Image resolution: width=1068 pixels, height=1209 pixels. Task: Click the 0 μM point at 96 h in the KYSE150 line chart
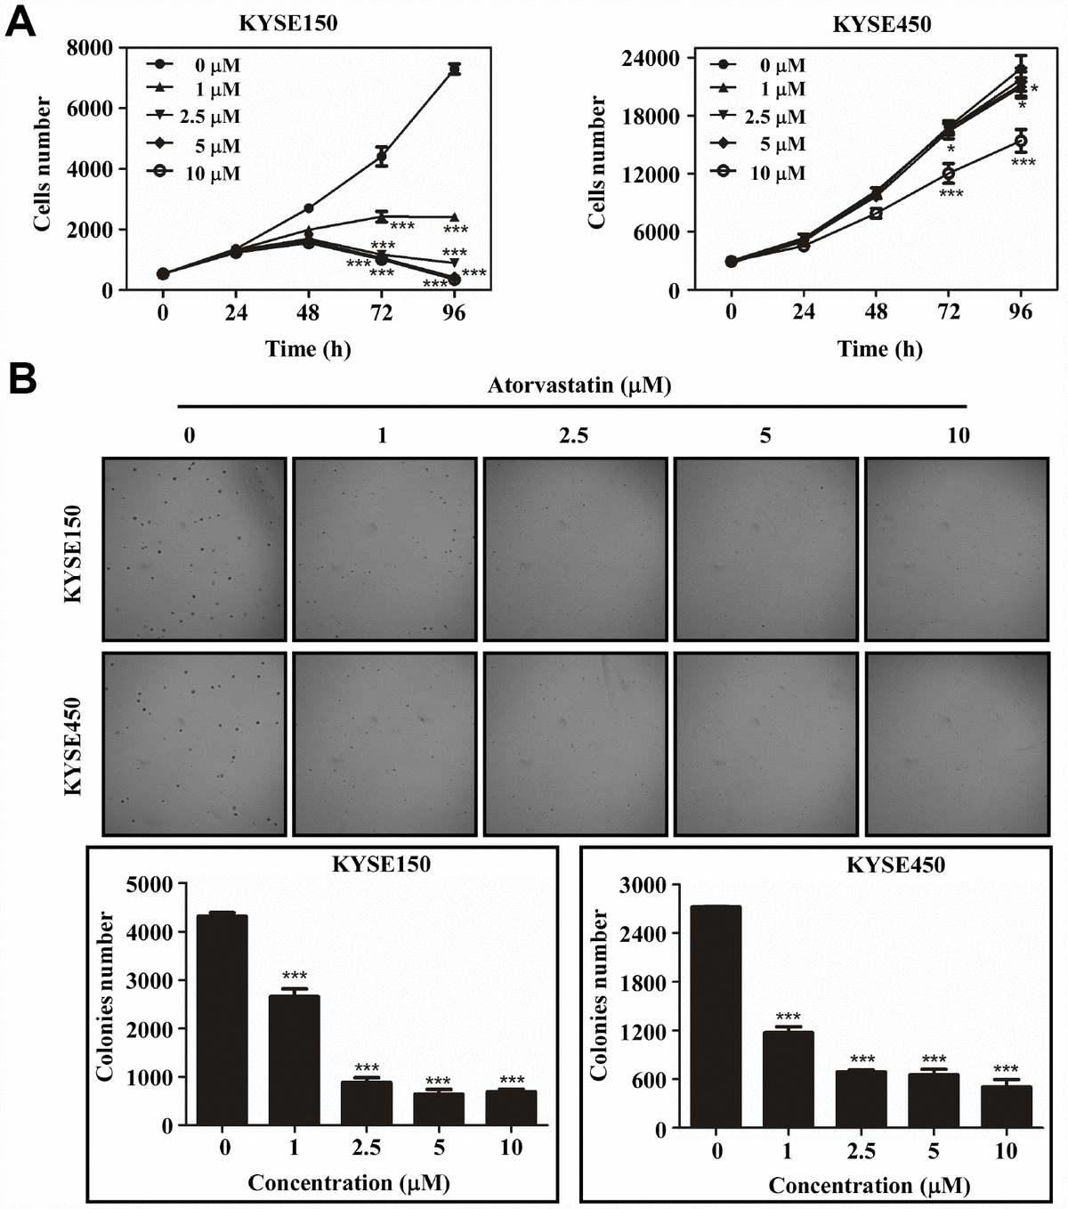pyautogui.click(x=454, y=69)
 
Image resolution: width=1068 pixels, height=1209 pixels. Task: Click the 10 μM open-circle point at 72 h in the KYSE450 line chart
pyautogui.click(x=949, y=173)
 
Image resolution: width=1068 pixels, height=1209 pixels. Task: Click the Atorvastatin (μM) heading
pyautogui.click(x=578, y=385)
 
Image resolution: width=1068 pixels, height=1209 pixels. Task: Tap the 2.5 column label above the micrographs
pyautogui.click(x=573, y=435)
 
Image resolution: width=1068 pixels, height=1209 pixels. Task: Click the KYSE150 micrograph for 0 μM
pyautogui.click(x=195, y=548)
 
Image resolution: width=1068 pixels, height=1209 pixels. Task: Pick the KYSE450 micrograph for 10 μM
pyautogui.click(x=957, y=743)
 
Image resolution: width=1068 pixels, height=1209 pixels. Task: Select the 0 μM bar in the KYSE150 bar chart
pyautogui.click(x=224, y=1019)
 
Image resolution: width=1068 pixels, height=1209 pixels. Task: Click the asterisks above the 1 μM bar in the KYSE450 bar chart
pyautogui.click(x=788, y=1017)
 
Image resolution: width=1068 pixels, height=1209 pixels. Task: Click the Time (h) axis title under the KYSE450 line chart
pyautogui.click(x=879, y=349)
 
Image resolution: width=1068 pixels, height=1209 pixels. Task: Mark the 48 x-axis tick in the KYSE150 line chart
pyautogui.click(x=308, y=312)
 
